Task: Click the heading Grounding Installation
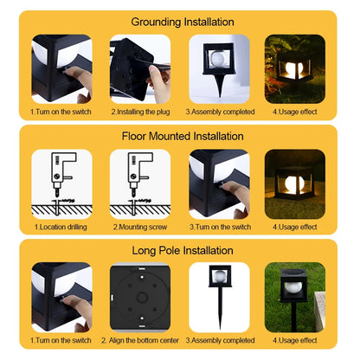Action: point(181,21)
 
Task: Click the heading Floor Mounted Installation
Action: point(181,136)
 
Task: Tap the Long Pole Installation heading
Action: point(181,250)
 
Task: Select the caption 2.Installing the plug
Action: point(140,112)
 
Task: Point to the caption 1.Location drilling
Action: point(61,227)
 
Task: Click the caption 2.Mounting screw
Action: point(140,227)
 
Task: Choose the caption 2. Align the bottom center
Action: point(140,341)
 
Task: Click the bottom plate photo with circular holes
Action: point(140,297)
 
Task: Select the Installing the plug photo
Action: point(140,68)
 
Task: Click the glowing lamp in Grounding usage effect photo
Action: point(294,69)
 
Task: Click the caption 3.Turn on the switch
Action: point(220,227)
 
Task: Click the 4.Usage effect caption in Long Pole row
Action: point(296,341)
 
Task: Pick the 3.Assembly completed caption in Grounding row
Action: point(220,112)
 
